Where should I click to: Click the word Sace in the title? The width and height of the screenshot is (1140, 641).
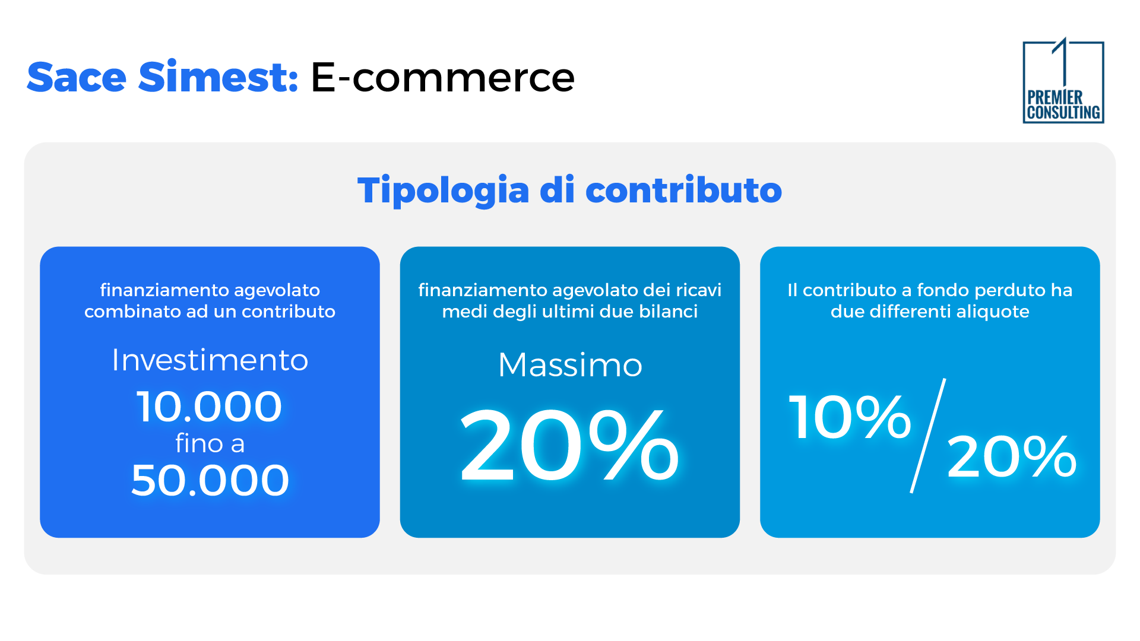click(77, 77)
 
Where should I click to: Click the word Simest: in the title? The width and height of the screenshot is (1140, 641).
click(218, 77)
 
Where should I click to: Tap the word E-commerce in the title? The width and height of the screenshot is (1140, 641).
click(442, 77)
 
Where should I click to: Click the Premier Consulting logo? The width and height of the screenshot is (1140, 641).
click(1063, 82)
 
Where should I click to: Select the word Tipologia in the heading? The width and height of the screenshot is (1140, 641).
click(443, 191)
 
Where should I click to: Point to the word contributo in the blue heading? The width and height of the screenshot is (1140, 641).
click(683, 191)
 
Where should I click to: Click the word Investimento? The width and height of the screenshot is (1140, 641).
click(210, 360)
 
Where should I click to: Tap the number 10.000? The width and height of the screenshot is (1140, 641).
click(210, 407)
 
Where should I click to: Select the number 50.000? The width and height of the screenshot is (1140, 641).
click(210, 480)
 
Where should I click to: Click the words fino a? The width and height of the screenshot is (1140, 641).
click(210, 443)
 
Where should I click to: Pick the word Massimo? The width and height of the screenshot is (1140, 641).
click(570, 364)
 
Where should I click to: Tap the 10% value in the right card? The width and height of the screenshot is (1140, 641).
click(850, 417)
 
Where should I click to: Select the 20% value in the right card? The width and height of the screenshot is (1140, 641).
click(1011, 456)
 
